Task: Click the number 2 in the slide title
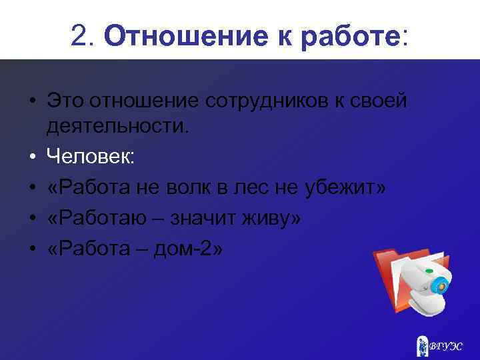click(x=79, y=37)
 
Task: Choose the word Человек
click(x=91, y=157)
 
